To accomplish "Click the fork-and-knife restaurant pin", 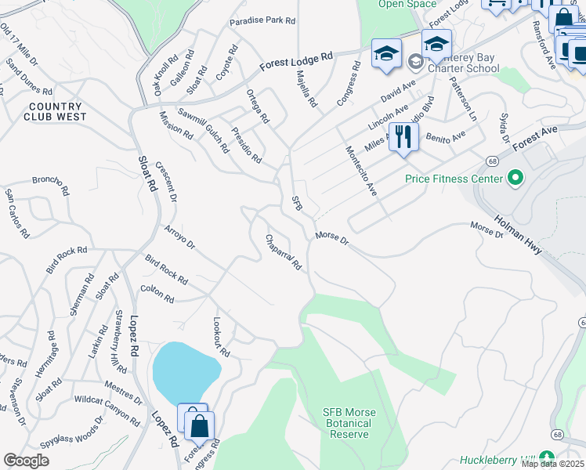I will pos(403,138).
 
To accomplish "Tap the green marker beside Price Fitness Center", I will pos(515,179).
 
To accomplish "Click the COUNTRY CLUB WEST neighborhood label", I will pos(55,111).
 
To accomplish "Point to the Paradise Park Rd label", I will pos(262,21).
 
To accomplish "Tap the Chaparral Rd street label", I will pos(284,252).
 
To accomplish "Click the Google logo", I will pos(27,461).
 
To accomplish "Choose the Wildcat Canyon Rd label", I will pos(107,405).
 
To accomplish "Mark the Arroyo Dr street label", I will pos(179,238).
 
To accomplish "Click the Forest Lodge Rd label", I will pos(297,60).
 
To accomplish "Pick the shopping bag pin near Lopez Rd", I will pos(200,427).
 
